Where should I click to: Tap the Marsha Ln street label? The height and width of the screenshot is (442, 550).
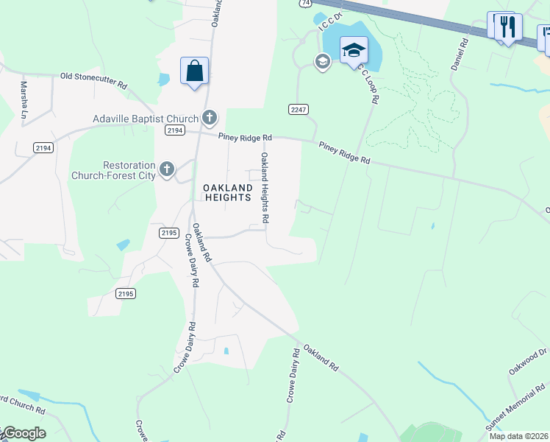pos(24,101)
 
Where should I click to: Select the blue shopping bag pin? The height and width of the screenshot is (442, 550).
pos(194,71)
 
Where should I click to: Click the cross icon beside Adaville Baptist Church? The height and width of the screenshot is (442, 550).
pos(210,118)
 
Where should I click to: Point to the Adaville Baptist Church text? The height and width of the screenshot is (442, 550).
pos(146,119)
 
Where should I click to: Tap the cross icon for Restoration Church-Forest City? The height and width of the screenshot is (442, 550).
pos(167,170)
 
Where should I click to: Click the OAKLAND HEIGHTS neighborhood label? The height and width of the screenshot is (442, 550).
pos(227,193)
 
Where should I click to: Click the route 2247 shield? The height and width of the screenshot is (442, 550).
pos(297,109)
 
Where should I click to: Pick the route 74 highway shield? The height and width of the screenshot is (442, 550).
pos(304,4)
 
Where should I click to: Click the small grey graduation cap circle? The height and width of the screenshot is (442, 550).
pos(322,61)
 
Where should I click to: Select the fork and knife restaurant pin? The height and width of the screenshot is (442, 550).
pos(507,27)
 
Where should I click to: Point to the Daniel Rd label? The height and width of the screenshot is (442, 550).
pos(460,55)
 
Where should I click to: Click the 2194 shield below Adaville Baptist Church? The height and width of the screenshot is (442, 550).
pos(174,130)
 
